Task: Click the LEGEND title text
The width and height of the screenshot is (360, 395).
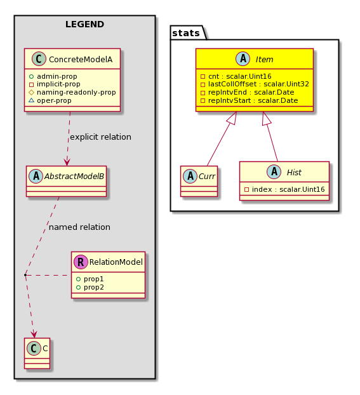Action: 84,24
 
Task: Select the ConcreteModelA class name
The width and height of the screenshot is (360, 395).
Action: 81,60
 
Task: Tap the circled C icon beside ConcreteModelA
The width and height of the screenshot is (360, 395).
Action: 39,59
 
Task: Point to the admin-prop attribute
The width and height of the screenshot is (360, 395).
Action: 57,76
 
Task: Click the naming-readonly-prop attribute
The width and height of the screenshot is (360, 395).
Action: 76,93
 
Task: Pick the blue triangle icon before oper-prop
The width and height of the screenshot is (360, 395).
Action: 31,100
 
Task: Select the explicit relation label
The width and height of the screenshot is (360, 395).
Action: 100,137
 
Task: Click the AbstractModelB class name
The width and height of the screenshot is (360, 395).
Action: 74,177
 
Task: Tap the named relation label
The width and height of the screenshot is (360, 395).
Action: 79,227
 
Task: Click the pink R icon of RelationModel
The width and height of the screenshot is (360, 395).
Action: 81,262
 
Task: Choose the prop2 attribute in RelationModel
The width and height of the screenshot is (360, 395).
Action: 93,288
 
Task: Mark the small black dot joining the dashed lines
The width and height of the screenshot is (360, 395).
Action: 25,275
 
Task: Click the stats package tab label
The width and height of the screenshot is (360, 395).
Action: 186,33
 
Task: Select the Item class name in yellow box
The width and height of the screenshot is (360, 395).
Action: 264,60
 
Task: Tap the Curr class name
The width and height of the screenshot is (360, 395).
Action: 207,177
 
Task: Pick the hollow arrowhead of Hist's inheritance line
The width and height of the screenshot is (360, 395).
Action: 266,118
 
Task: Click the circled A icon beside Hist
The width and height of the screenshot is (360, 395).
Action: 274,172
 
